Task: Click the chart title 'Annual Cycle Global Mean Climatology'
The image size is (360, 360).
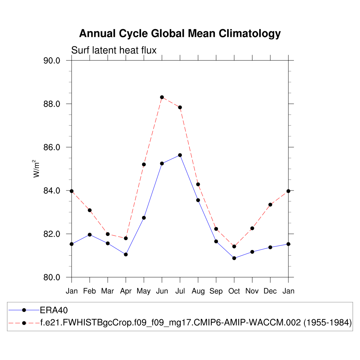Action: click(180, 34)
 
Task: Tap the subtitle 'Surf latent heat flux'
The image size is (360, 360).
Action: click(114, 51)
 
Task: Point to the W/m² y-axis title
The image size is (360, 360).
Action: click(37, 168)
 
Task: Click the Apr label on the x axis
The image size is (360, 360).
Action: click(126, 291)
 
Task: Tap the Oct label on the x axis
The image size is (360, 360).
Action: click(234, 291)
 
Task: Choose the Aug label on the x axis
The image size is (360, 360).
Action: click(198, 291)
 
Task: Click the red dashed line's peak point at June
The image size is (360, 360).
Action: click(162, 97)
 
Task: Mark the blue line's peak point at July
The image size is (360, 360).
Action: click(180, 155)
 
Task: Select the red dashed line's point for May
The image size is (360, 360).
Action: click(144, 165)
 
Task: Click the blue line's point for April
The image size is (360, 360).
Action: click(126, 254)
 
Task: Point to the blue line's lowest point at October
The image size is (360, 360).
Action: click(234, 258)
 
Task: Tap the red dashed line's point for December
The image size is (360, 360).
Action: click(270, 205)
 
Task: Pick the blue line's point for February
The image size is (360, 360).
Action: click(90, 234)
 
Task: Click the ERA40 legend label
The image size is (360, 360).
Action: click(53, 310)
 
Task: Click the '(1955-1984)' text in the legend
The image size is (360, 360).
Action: click(328, 323)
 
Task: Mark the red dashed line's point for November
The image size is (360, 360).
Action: click(252, 228)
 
